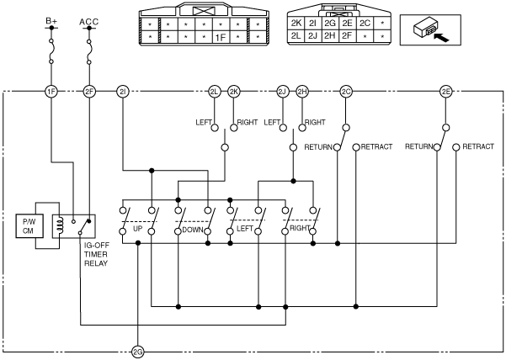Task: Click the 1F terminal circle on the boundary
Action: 51,92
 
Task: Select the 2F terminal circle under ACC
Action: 89,92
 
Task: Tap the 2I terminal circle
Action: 123,92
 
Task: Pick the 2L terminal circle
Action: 215,92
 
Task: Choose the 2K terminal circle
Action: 234,92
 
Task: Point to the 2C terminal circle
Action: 346,92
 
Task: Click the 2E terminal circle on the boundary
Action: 446,92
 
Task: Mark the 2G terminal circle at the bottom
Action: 138,352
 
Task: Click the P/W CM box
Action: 29,226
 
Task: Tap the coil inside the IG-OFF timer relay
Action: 59,225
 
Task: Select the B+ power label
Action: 51,21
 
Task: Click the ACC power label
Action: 89,22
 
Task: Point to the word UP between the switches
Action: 137,229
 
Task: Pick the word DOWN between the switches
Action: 192,230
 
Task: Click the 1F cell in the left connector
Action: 221,38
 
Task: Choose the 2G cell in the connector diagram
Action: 330,24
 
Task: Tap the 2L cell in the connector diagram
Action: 296,36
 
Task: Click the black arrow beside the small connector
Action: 441,38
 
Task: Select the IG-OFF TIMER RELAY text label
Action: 96,254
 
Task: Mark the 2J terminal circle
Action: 283,92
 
